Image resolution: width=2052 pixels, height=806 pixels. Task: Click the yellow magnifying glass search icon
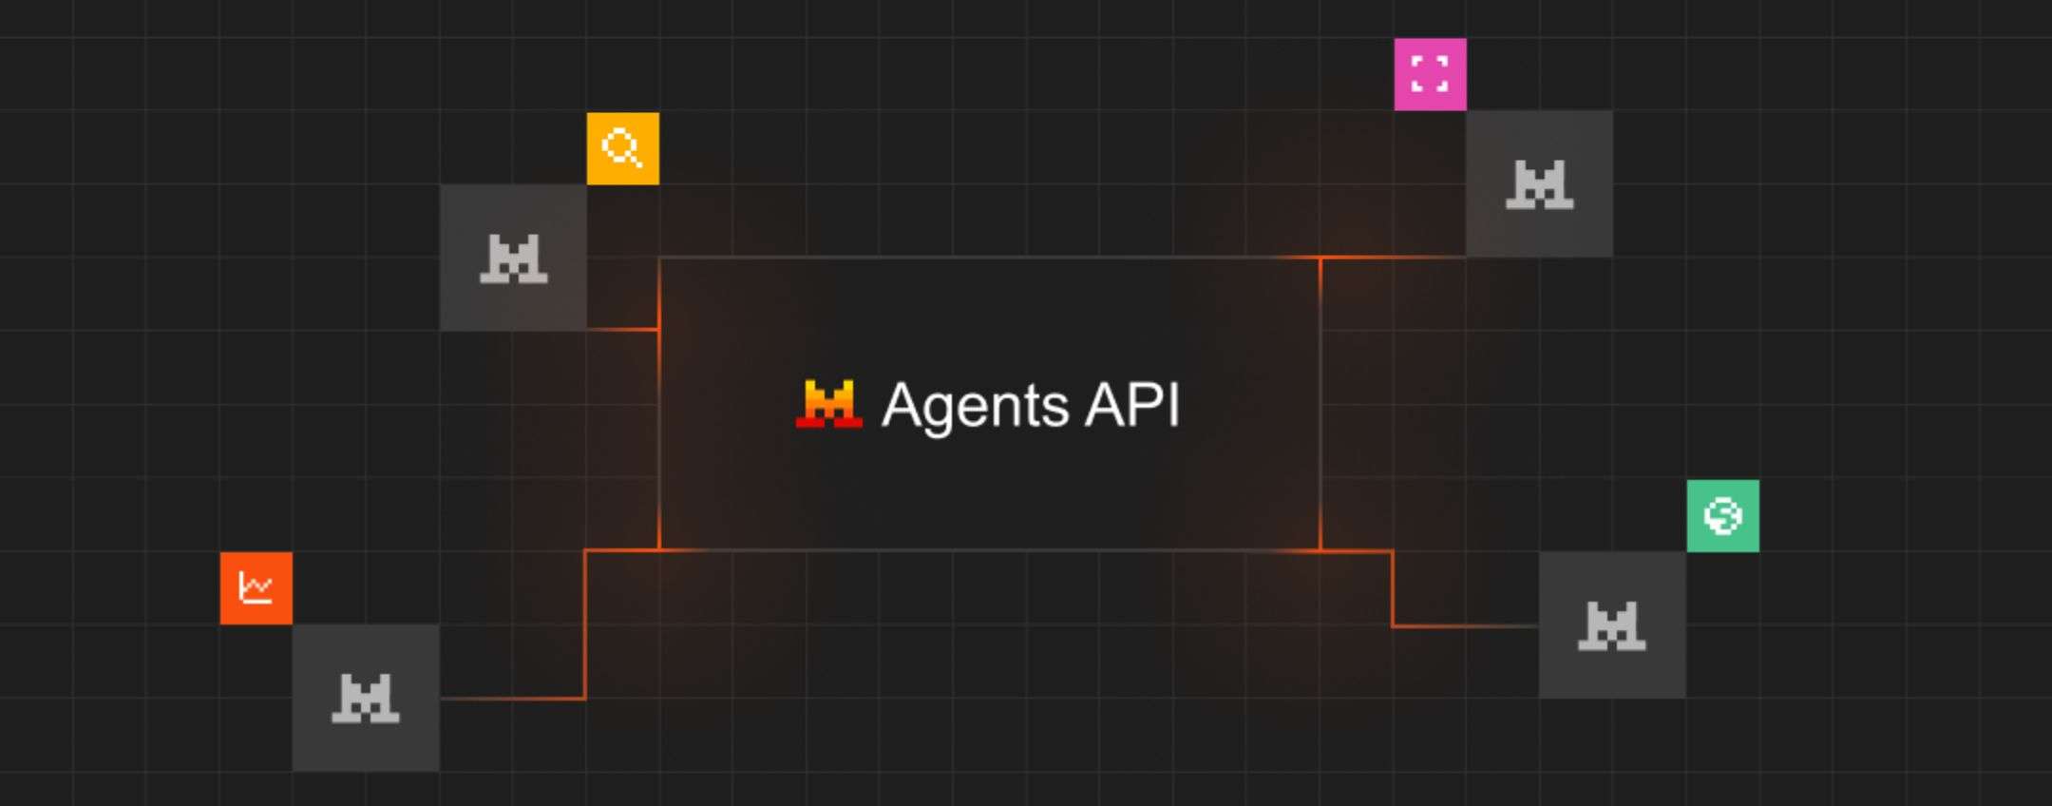(623, 148)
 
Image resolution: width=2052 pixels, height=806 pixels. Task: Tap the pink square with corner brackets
(1430, 74)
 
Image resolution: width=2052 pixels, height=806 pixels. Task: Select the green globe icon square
(1722, 516)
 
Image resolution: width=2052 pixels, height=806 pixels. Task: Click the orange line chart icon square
(256, 588)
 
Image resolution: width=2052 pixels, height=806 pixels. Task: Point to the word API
(1132, 405)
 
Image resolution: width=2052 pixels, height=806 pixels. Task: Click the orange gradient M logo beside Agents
(829, 404)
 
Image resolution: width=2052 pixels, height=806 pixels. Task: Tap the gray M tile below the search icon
(513, 258)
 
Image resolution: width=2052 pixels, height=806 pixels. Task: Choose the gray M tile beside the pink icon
(1539, 183)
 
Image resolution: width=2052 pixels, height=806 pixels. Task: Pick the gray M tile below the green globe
(1612, 625)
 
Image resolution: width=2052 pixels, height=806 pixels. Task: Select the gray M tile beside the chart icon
(366, 698)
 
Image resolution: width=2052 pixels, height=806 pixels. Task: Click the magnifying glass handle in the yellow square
(637, 161)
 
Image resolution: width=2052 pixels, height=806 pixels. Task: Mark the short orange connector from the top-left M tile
(623, 329)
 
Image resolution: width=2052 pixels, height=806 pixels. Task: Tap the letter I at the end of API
(1176, 405)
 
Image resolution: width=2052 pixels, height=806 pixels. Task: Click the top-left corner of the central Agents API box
(659, 258)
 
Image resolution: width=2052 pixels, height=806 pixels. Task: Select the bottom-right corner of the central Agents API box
(1320, 550)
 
